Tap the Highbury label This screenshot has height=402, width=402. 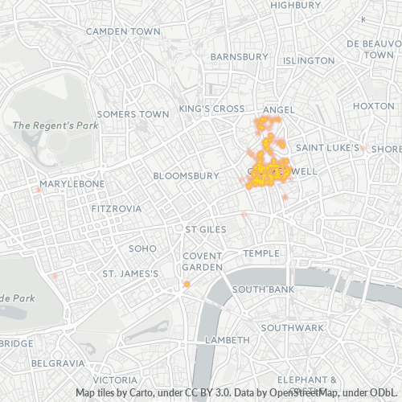tap(295, 5)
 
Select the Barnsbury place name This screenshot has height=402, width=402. tap(239, 57)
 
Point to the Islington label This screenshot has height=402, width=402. tap(310, 60)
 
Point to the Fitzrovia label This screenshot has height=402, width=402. tap(116, 208)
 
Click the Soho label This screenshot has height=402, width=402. tap(142, 248)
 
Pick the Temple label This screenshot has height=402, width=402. tap(261, 253)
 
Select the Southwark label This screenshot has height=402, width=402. tap(291, 328)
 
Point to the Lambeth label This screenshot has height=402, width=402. tap(228, 340)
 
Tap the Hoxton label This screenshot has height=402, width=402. tap(373, 106)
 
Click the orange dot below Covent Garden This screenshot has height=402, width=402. tap(187, 284)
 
